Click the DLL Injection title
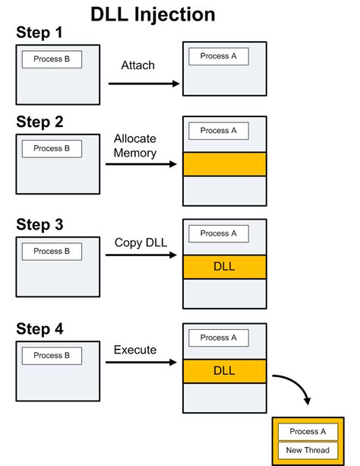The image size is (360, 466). point(153,14)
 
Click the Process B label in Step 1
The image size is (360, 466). point(52,59)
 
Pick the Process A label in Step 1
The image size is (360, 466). point(219,56)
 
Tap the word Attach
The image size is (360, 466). point(137,65)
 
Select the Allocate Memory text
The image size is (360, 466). point(135,146)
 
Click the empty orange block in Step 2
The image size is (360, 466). point(224,164)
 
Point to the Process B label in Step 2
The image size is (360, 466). point(52,148)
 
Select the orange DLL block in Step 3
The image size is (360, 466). point(224,267)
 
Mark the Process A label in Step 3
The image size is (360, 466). point(219,233)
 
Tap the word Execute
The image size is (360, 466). point(135,350)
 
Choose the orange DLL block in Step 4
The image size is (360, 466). point(224,371)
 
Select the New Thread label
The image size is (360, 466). point(308,450)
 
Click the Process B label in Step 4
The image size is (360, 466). point(52,355)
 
